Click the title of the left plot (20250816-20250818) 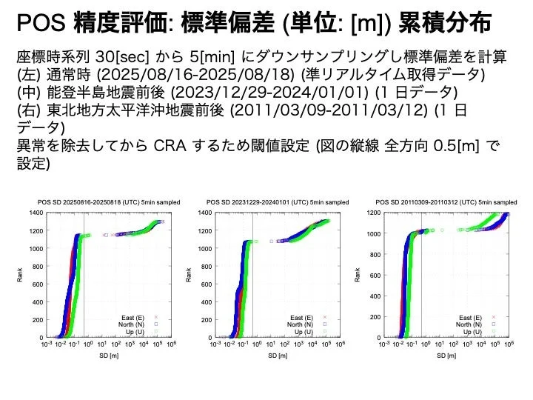point(109,201)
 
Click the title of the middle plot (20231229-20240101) point(278,201)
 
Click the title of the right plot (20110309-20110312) point(446,201)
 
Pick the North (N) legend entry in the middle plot point(306,324)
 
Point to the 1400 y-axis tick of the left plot point(36,213)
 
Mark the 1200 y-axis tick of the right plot point(374,213)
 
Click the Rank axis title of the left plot point(20,276)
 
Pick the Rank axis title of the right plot point(358,276)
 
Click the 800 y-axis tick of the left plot point(38,266)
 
